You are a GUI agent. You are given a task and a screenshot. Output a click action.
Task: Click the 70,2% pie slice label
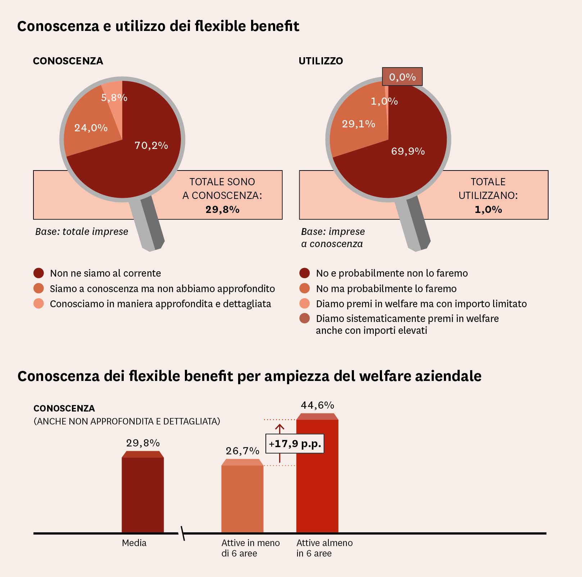tap(151, 145)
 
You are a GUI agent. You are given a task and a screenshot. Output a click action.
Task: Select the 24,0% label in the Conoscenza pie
tap(91, 128)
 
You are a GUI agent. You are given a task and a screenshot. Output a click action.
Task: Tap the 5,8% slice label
tap(114, 97)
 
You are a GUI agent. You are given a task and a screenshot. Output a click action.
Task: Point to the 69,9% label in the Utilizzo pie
tap(408, 151)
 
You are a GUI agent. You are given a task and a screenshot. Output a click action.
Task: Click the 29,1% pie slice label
tap(358, 124)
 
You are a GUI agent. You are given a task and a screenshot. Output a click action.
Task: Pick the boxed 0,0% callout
tap(402, 77)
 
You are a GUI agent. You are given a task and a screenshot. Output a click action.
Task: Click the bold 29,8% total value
tap(222, 209)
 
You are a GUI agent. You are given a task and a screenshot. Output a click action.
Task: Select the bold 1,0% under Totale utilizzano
tap(488, 209)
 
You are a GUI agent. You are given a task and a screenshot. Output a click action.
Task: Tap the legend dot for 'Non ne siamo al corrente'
tap(38, 273)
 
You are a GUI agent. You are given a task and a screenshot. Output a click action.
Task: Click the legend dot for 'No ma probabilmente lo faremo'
tap(304, 288)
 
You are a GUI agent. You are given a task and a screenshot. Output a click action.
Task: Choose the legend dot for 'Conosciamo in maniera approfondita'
tap(38, 304)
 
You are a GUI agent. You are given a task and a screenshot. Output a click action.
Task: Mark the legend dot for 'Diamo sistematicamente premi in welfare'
tap(304, 318)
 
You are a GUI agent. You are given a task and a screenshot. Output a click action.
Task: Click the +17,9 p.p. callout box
tap(295, 444)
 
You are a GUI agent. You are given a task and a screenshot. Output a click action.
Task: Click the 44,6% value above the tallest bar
tap(317, 405)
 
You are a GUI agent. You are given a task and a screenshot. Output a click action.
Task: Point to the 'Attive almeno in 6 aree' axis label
tap(324, 548)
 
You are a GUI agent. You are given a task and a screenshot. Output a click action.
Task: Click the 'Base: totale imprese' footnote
tap(82, 231)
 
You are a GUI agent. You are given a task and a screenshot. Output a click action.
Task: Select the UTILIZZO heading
tap(320, 61)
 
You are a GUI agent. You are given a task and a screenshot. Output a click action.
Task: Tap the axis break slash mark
tap(183, 533)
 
